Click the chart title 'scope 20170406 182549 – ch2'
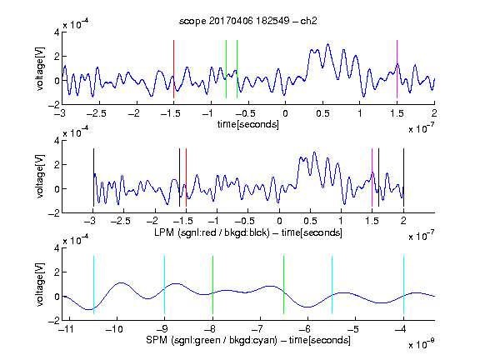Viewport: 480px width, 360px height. tap(248, 21)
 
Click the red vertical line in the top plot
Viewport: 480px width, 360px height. tap(173, 69)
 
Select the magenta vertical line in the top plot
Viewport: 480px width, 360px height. tap(397, 69)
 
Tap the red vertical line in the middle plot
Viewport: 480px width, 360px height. tap(186, 177)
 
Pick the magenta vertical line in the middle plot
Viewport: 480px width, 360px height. tap(372, 177)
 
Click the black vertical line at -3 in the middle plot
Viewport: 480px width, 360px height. tap(93, 177)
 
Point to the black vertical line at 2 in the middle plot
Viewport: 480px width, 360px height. tap(403, 177)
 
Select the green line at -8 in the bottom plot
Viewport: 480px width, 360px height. tap(212, 285)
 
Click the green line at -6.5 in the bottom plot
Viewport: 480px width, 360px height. tap(284, 285)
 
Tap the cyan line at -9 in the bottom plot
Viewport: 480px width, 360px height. tap(165, 285)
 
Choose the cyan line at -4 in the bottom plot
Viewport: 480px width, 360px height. tap(403, 285)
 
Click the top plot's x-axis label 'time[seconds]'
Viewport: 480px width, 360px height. tap(248, 124)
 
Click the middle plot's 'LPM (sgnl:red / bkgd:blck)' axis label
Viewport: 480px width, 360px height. tap(212, 232)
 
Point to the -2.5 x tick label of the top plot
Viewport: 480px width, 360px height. tap(96, 114)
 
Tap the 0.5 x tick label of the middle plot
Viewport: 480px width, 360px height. tap(310, 221)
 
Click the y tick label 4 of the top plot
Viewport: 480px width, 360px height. tap(57, 32)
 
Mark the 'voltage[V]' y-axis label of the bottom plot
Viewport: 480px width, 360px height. tap(40, 285)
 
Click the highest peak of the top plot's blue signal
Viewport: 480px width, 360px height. tap(327, 44)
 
